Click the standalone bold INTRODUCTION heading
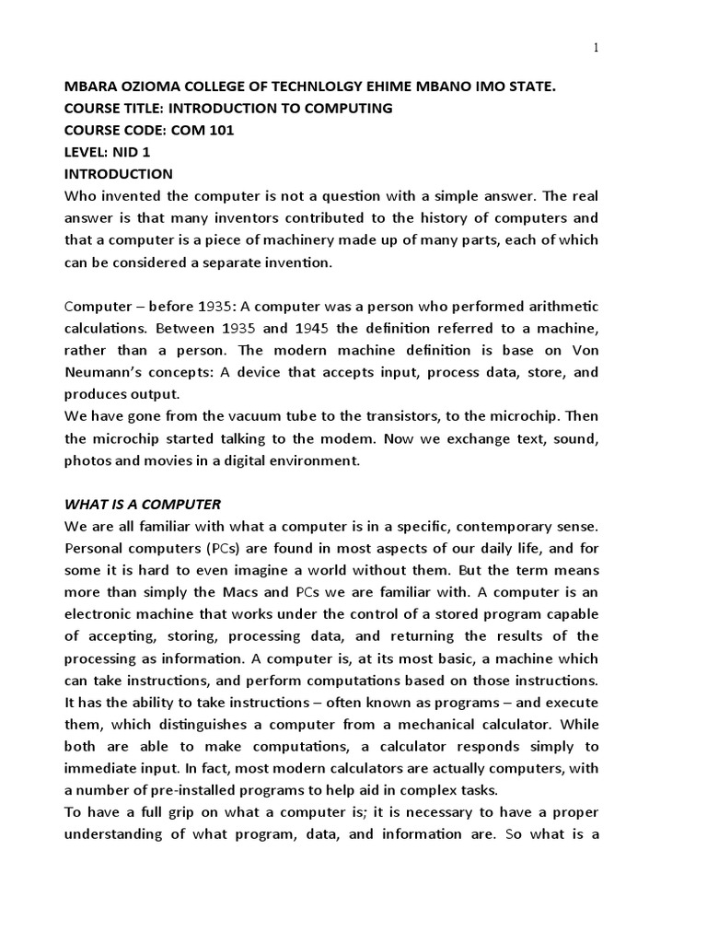[118, 174]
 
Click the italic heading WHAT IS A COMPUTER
[143, 505]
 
